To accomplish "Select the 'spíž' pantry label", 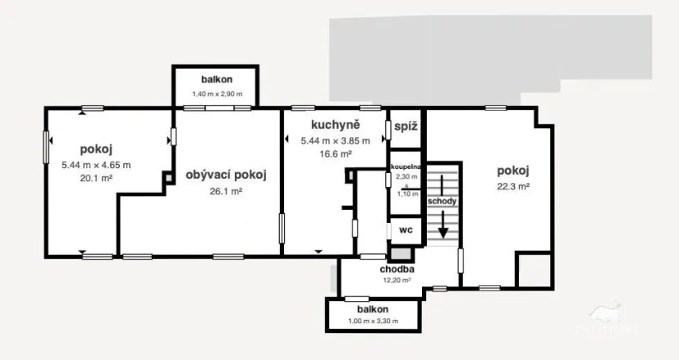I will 406,127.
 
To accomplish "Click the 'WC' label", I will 406,231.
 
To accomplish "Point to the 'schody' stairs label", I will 442,201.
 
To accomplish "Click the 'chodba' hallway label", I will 397,269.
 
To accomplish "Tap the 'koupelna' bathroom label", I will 406,167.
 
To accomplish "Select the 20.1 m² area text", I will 95,178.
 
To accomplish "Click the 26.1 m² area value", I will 226,191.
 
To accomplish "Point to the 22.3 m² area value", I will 513,186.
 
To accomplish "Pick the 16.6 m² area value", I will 335,153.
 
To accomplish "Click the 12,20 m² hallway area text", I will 397,280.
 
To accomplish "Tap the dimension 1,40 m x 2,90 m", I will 216,94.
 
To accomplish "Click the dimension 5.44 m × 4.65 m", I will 95,164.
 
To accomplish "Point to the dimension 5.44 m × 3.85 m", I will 335,140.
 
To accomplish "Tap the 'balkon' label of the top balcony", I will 217,80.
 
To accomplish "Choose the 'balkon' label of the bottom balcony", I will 372,310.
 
